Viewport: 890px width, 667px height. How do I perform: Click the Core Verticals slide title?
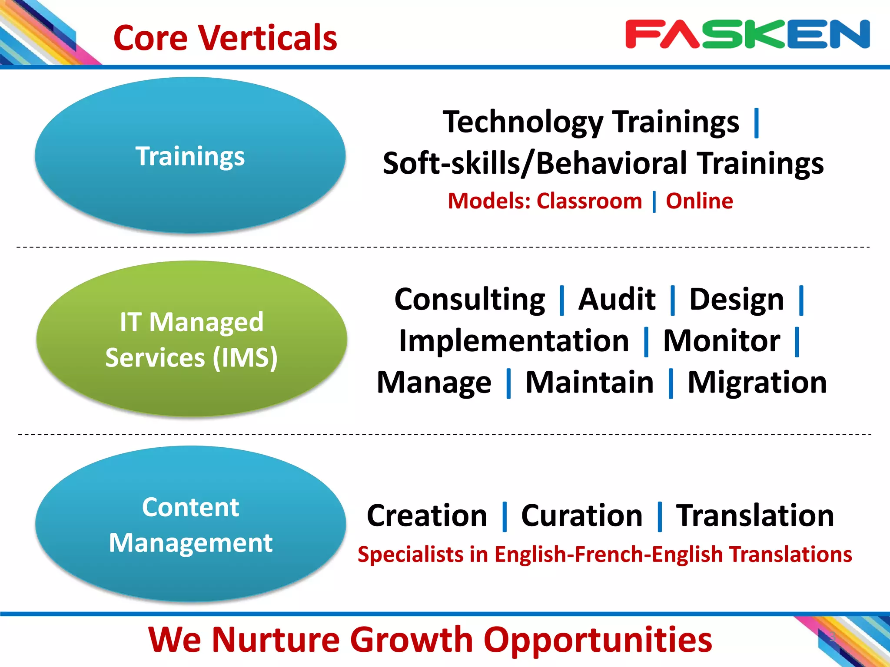(225, 38)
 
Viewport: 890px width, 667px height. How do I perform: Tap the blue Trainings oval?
(190, 155)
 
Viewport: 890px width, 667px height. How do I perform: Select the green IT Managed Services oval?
(191, 339)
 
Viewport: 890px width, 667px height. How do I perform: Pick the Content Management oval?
(190, 524)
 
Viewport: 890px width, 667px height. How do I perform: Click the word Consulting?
(469, 300)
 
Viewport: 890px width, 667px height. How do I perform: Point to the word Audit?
(617, 300)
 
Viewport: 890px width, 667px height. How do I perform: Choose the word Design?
(737, 300)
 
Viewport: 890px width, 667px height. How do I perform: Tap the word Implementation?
(514, 341)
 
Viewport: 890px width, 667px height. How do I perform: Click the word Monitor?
(721, 341)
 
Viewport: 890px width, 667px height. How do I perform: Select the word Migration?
(757, 383)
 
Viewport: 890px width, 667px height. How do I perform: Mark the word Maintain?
(589, 383)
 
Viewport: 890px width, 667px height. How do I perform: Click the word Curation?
(581, 516)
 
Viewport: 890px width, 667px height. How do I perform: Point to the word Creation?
(427, 516)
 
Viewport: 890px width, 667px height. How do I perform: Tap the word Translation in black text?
(755, 516)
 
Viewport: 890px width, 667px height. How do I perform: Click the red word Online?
(699, 201)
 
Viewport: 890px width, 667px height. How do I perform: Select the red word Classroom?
(589, 201)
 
